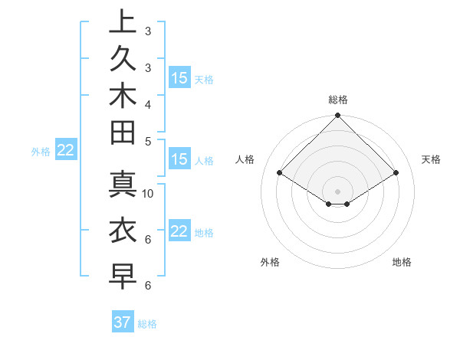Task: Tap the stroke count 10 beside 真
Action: pyautogui.click(x=148, y=194)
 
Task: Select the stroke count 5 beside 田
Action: pyautogui.click(x=148, y=141)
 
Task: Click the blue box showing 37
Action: pyautogui.click(x=123, y=322)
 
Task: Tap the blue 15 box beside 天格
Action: pyautogui.click(x=179, y=78)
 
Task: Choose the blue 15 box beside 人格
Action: pyautogui.click(x=179, y=160)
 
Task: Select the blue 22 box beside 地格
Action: pyautogui.click(x=179, y=231)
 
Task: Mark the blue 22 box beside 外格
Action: pyautogui.click(x=66, y=151)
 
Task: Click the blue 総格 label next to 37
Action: pyautogui.click(x=147, y=324)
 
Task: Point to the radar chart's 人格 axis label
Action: pyautogui.click(x=245, y=159)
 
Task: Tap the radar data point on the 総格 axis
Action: pyautogui.click(x=337, y=116)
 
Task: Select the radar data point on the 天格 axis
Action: pyautogui.click(x=396, y=173)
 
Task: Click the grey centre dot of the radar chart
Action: pyautogui.click(x=337, y=191)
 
